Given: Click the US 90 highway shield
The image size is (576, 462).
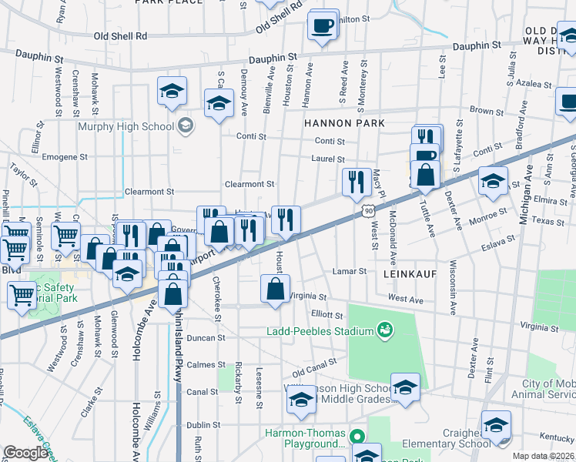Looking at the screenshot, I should pyautogui.click(x=359, y=209).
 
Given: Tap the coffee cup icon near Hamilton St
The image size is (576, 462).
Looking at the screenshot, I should pyautogui.click(x=322, y=26).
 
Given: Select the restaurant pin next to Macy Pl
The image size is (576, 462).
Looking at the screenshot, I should pyautogui.click(x=356, y=182).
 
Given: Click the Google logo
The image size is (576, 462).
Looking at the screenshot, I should pyautogui.click(x=25, y=453).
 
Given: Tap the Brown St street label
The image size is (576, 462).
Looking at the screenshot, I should pyautogui.click(x=486, y=112).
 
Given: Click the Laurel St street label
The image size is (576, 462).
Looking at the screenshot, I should pyautogui.click(x=327, y=159).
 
